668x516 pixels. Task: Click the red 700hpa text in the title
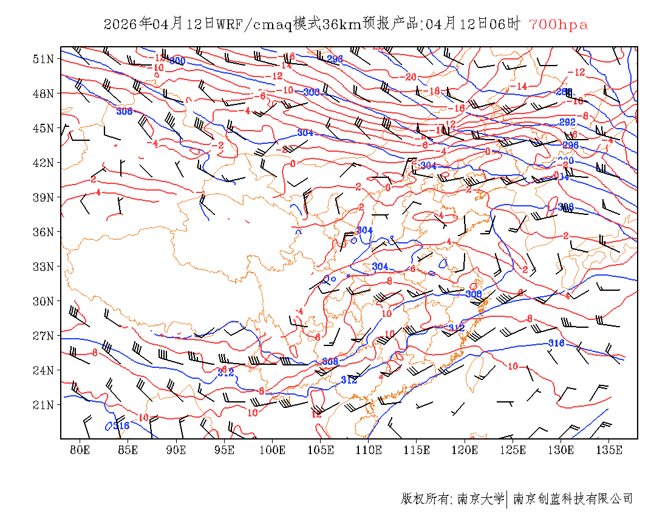click(x=558, y=25)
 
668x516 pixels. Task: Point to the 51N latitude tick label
click(x=44, y=59)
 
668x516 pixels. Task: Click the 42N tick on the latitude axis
click(x=44, y=163)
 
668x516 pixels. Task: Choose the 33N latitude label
click(x=44, y=266)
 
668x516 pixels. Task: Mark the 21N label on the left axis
click(x=44, y=405)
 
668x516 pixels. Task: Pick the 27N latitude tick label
click(x=44, y=336)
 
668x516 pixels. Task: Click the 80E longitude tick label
click(x=80, y=450)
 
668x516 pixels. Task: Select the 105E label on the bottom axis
click(x=321, y=450)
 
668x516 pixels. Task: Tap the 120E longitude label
click(x=465, y=450)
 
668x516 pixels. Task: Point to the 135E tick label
click(x=609, y=450)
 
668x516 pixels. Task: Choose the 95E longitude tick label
click(x=225, y=450)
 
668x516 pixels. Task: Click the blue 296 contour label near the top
click(x=335, y=59)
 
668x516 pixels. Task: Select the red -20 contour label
click(x=410, y=77)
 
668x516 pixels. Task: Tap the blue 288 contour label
click(x=564, y=92)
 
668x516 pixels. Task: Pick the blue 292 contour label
click(x=567, y=123)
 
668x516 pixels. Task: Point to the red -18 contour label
click(x=432, y=91)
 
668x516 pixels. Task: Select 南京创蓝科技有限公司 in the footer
click(x=573, y=499)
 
